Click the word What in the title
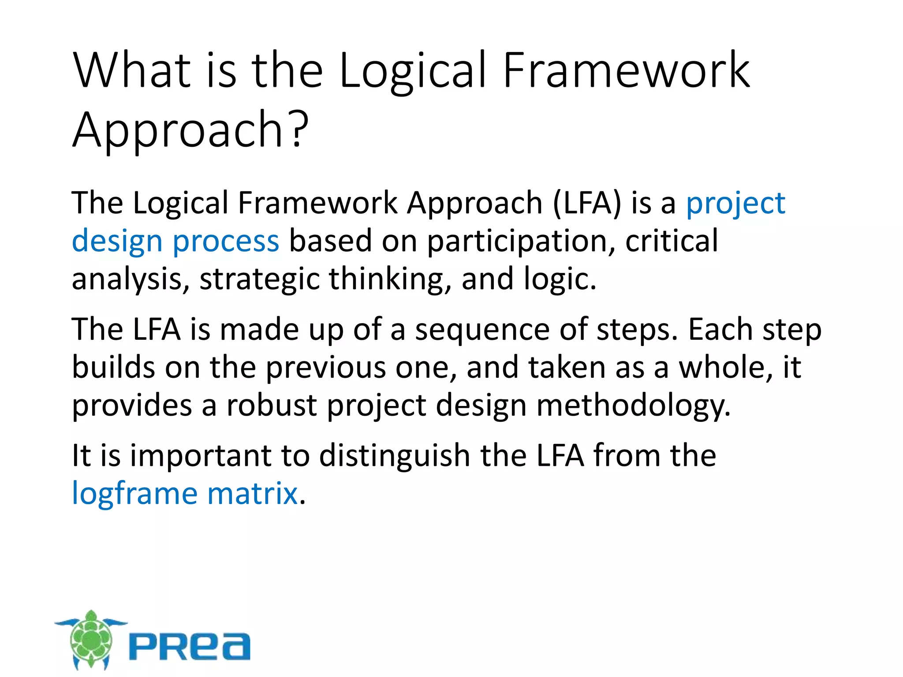click(x=132, y=71)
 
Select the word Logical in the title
click(x=413, y=71)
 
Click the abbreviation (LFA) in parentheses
click(x=586, y=203)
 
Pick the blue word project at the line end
click(x=735, y=204)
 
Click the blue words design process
click(x=175, y=242)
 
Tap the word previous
click(x=326, y=368)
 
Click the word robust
click(x=272, y=405)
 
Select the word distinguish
click(x=395, y=456)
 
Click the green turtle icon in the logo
click(x=91, y=639)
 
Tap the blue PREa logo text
click(x=190, y=647)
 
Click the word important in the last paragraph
click(x=200, y=456)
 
